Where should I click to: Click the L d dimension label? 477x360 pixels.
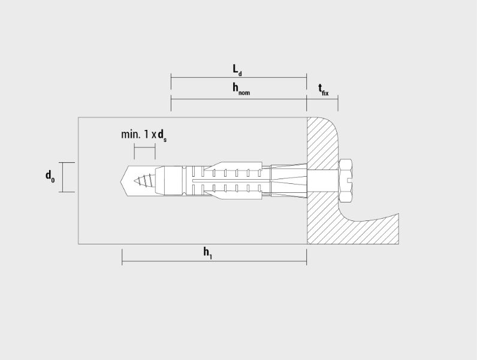237,70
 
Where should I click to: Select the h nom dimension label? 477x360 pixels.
241,89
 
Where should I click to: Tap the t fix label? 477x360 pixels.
324,90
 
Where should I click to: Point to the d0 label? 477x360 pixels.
50,176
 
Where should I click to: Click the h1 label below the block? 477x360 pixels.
208,253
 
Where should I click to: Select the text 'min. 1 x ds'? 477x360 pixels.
144,135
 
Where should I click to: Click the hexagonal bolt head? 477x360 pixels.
345,180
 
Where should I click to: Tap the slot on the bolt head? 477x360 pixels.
349,180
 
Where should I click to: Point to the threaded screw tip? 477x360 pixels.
144,181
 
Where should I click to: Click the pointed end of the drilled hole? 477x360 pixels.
119,181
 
